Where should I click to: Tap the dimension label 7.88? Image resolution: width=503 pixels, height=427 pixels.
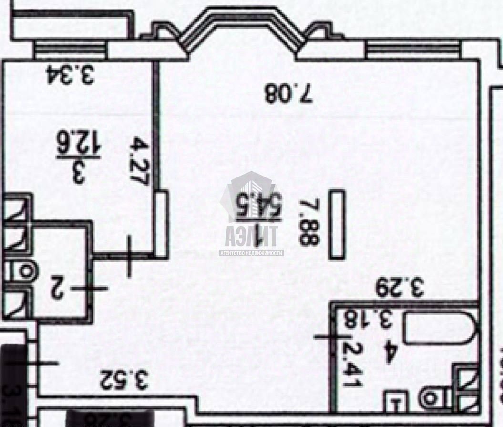click(x=308, y=222)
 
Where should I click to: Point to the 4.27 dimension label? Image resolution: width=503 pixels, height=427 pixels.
click(x=138, y=160)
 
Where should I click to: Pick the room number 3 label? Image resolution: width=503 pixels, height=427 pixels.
click(x=78, y=174)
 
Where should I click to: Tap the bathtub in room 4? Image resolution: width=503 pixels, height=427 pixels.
click(x=439, y=327)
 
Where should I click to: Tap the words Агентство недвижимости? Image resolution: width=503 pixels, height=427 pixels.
click(x=251, y=253)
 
